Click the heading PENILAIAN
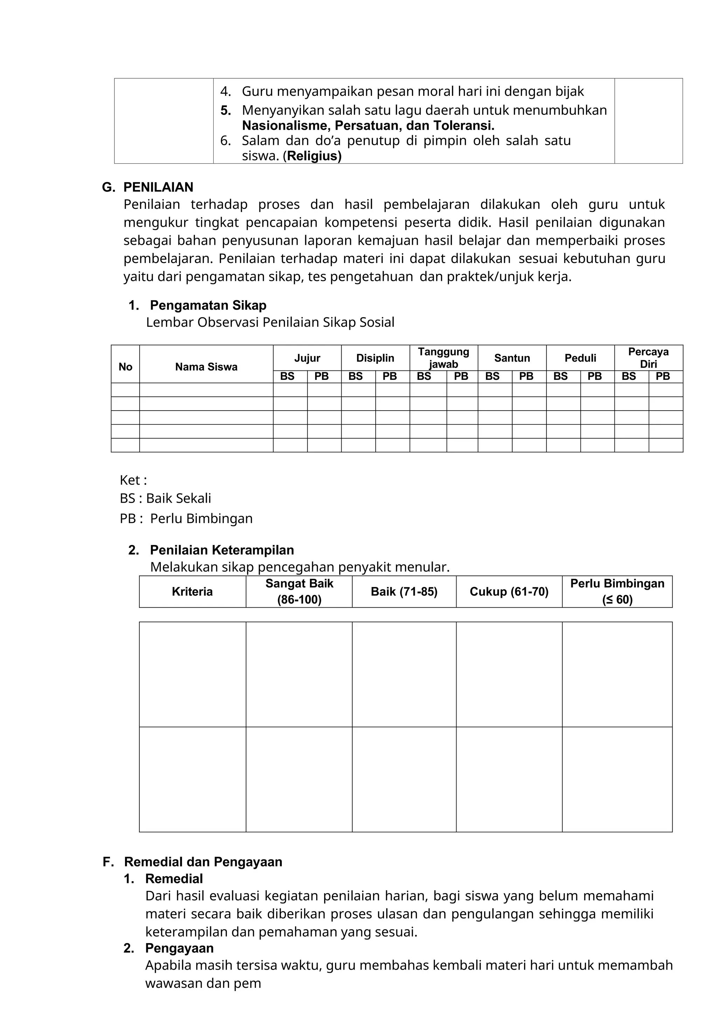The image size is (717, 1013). pos(158,187)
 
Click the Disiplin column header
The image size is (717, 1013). pos(375,358)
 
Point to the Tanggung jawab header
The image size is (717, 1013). pos(443,358)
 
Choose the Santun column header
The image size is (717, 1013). pos(512,358)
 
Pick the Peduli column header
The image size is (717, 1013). pos(580,358)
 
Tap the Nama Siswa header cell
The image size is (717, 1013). pos(206,367)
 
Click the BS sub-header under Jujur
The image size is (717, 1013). pos(287,376)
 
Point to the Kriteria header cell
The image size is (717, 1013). pos(192,591)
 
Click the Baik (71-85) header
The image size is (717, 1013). pos(404,591)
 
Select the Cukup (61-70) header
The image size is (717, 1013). pos(509,591)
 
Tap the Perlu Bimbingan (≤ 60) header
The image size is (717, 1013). pos(617,591)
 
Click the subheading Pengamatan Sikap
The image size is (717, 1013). pos(208,305)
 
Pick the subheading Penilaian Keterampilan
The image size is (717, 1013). pos(222,550)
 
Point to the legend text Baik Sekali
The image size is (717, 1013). pos(178,498)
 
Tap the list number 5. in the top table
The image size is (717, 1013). pos(225,110)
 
